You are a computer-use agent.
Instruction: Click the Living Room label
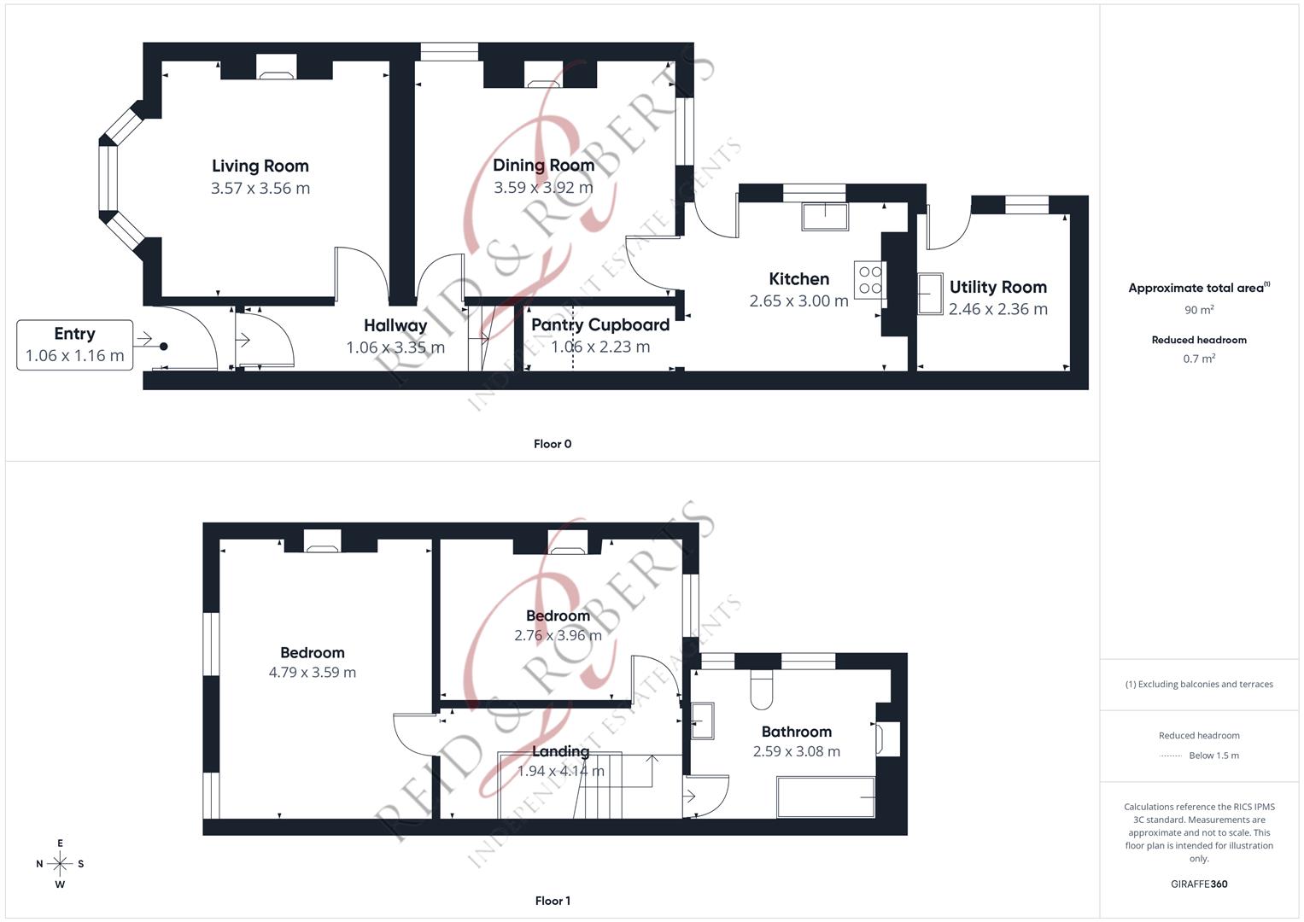click(x=260, y=166)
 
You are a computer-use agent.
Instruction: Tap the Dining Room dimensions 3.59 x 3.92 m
click(x=543, y=188)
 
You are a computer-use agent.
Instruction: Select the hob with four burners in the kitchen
click(x=870, y=280)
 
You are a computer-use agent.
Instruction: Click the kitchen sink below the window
click(x=824, y=216)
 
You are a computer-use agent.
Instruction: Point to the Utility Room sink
click(x=930, y=294)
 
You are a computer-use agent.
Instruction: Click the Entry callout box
click(x=75, y=345)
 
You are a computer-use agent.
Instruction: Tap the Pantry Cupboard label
click(x=600, y=325)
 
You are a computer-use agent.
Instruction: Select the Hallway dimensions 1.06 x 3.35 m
click(x=395, y=347)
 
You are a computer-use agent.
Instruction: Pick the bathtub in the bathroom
click(x=826, y=797)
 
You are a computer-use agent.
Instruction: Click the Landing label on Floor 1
click(x=560, y=751)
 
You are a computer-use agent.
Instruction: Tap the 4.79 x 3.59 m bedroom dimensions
click(x=313, y=673)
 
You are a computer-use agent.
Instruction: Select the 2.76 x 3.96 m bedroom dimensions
click(x=558, y=636)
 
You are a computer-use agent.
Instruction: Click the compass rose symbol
click(x=60, y=864)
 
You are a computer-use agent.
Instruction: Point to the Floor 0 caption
click(x=553, y=444)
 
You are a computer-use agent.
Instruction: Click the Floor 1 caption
click(x=553, y=901)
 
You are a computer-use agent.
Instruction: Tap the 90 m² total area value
click(x=1199, y=310)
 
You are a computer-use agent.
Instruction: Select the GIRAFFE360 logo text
click(x=1199, y=884)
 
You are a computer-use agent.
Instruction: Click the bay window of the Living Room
click(x=108, y=179)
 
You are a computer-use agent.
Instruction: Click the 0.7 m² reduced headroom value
click(x=1199, y=359)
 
